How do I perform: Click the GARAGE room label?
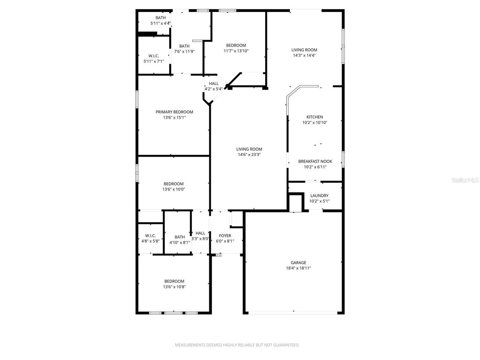pyautogui.click(x=298, y=262)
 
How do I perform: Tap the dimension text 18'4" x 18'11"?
pyautogui.click(x=298, y=268)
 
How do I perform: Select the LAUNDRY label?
pyautogui.click(x=319, y=195)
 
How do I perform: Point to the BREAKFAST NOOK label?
pyautogui.click(x=315, y=161)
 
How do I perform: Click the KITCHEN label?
pyautogui.click(x=315, y=117)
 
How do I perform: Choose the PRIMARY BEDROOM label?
pyautogui.click(x=174, y=112)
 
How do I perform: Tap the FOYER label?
pyautogui.click(x=225, y=235)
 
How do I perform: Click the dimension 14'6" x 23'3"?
pyautogui.click(x=249, y=154)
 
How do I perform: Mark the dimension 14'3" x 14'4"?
pyautogui.click(x=304, y=55)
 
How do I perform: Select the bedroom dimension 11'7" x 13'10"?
pyautogui.click(x=236, y=51)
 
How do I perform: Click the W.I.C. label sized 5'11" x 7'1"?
pyautogui.click(x=154, y=56)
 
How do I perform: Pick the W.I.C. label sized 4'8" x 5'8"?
pyautogui.click(x=150, y=235)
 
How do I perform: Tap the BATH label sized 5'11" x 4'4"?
pyautogui.click(x=160, y=18)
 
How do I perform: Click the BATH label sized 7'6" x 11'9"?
pyautogui.click(x=184, y=46)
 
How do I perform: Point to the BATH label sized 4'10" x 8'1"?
pyautogui.click(x=180, y=237)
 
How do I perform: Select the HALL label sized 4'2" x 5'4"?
pyautogui.click(x=214, y=84)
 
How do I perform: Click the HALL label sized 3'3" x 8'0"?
pyautogui.click(x=200, y=233)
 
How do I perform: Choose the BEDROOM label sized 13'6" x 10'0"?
pyautogui.click(x=174, y=184)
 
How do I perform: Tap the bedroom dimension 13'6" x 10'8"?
pyautogui.click(x=174, y=287)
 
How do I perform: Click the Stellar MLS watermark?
pyautogui.click(x=465, y=180)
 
